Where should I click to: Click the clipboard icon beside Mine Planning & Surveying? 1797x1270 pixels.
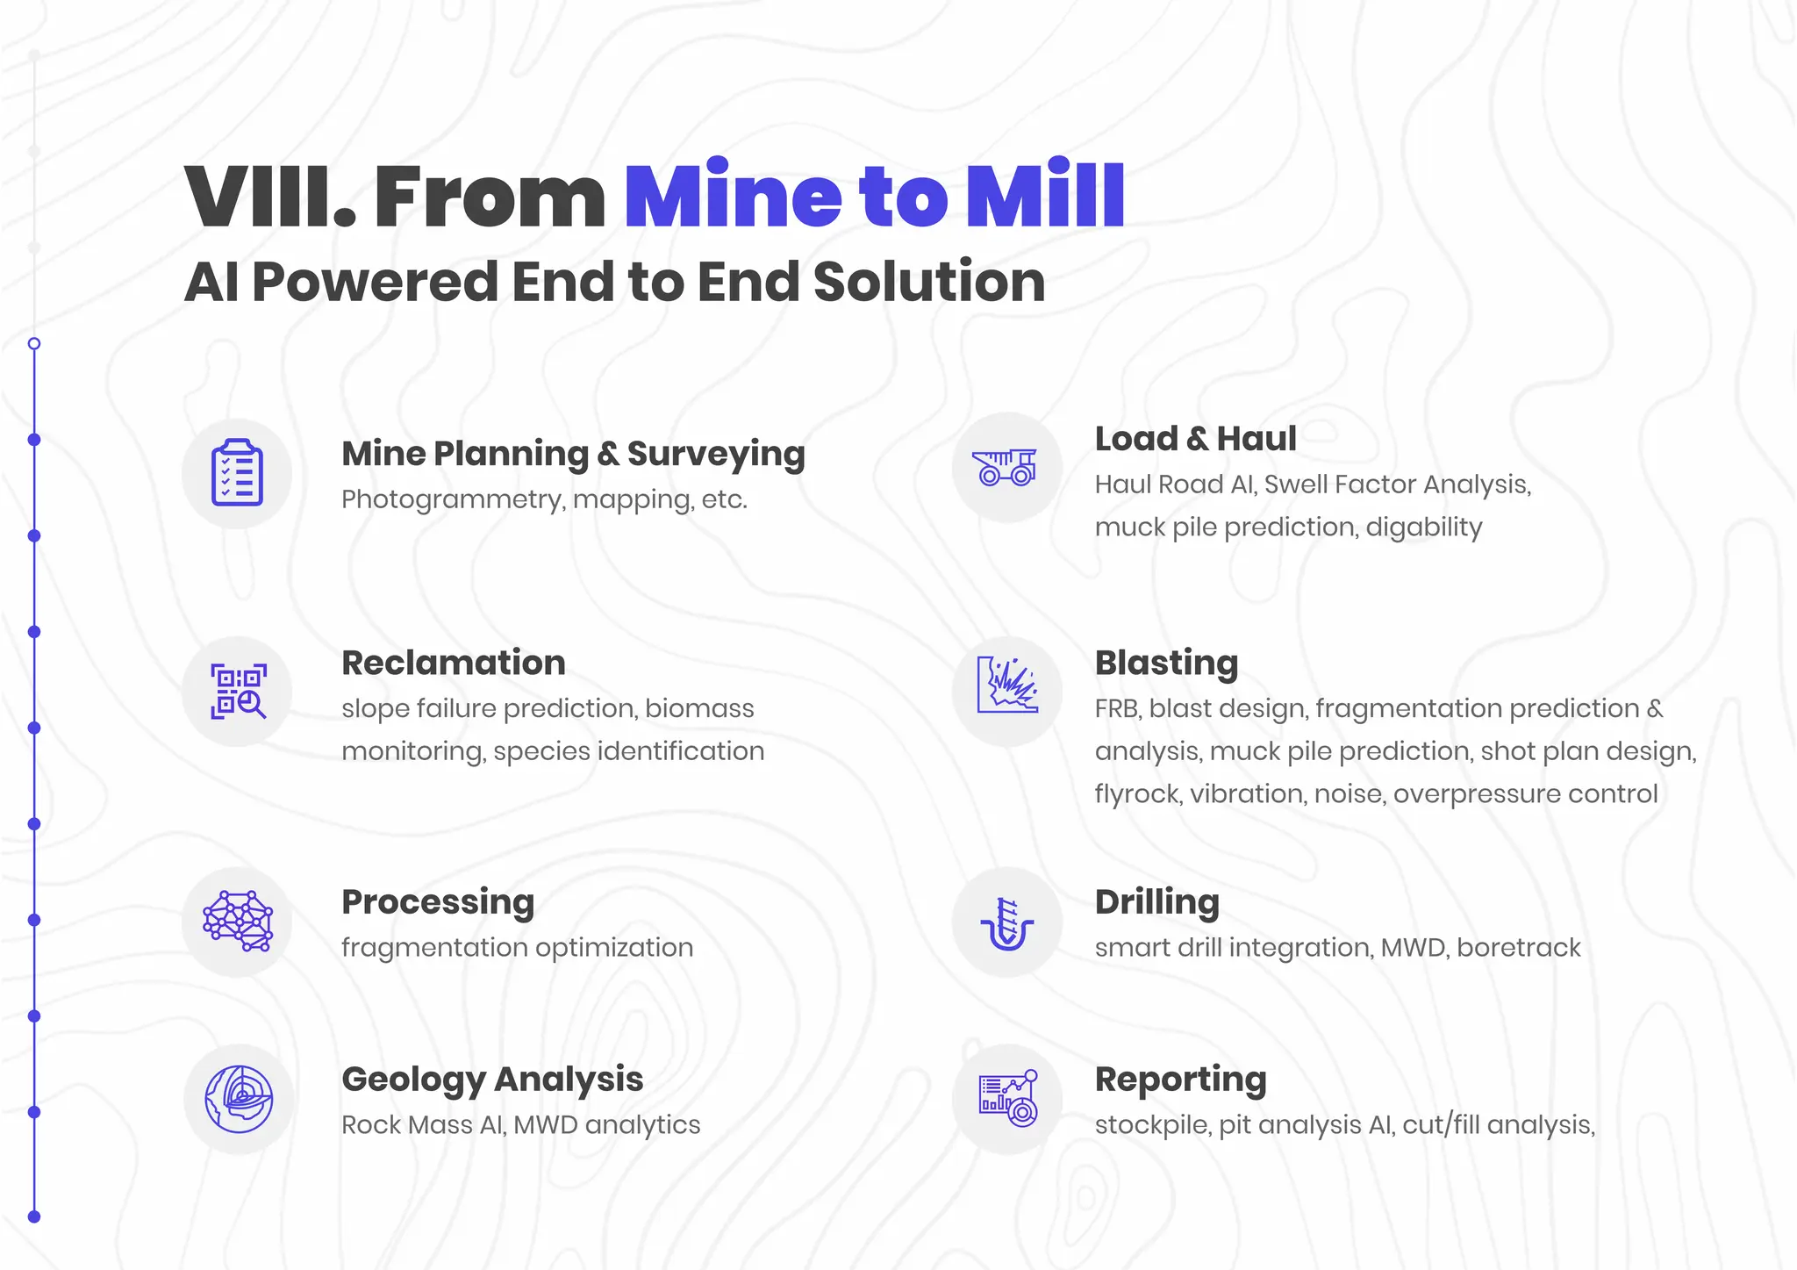point(237,473)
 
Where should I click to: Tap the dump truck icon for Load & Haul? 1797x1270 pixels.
point(1006,467)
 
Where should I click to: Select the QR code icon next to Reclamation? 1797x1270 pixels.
point(238,692)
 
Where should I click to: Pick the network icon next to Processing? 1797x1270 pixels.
point(238,922)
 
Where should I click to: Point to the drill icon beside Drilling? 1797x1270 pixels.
point(1007,923)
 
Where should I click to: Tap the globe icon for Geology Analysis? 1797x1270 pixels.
point(239,1099)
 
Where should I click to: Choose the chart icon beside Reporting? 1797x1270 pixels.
point(1008,1099)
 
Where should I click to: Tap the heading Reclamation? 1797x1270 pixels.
point(454,663)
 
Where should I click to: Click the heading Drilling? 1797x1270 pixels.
point(1156,902)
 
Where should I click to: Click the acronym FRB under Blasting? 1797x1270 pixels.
point(1116,708)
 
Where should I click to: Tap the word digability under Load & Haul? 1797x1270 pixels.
point(1423,527)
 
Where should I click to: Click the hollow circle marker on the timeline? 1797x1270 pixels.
point(34,344)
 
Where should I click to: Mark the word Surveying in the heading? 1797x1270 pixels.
point(715,455)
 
